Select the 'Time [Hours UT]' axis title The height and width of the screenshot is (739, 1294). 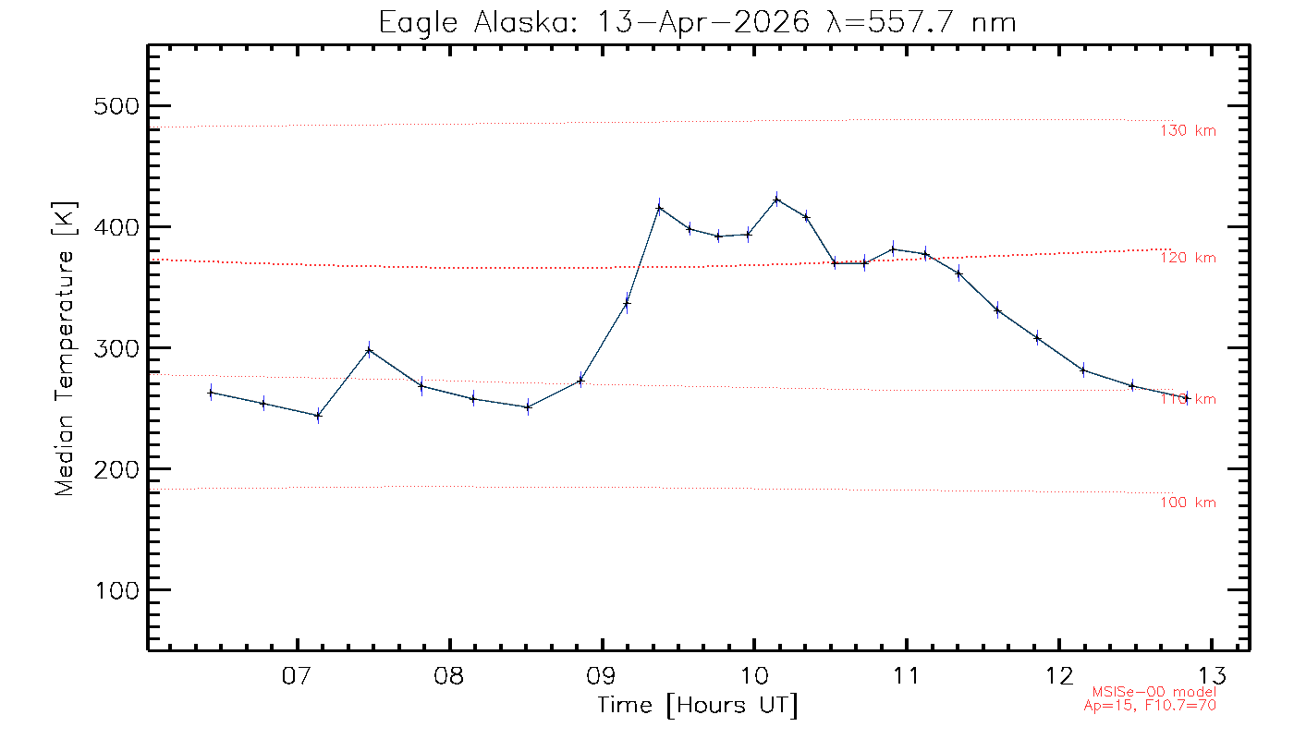[698, 706]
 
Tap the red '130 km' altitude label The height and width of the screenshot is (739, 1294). [1188, 131]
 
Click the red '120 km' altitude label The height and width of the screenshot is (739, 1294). [1188, 259]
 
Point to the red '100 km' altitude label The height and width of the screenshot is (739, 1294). [1188, 503]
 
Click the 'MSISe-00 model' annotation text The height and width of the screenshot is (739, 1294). [1154, 692]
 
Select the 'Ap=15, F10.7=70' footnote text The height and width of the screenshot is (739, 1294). [1150, 705]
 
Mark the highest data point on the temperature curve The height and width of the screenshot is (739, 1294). [776, 199]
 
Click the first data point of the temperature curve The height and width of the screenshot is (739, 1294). [211, 393]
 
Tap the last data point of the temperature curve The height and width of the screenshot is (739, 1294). [1187, 397]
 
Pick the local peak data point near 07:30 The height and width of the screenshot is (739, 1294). [369, 350]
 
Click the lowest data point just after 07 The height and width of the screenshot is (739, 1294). [318, 416]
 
